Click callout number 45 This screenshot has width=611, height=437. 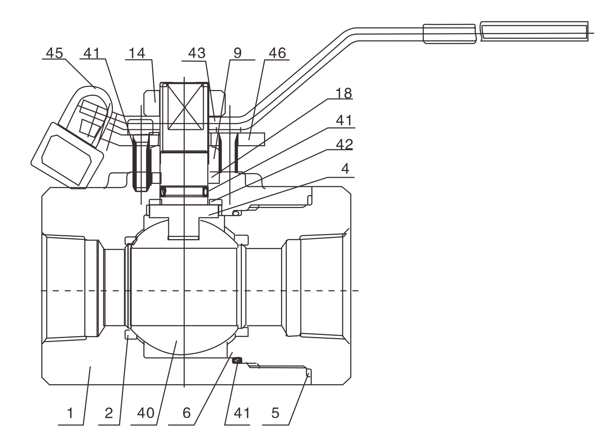[x=54, y=53]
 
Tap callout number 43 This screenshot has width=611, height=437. [x=196, y=53]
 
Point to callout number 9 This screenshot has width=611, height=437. [x=238, y=53]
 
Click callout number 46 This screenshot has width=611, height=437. [x=277, y=53]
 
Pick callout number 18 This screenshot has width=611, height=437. [x=343, y=93]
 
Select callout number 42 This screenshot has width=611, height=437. [x=344, y=144]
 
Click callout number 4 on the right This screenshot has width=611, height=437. [x=345, y=169]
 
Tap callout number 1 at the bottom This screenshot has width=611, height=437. [x=70, y=413]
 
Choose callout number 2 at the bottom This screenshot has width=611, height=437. [x=109, y=413]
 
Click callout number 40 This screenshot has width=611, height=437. [x=146, y=413]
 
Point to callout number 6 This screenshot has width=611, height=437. [x=186, y=413]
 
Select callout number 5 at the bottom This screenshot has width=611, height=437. [x=275, y=413]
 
